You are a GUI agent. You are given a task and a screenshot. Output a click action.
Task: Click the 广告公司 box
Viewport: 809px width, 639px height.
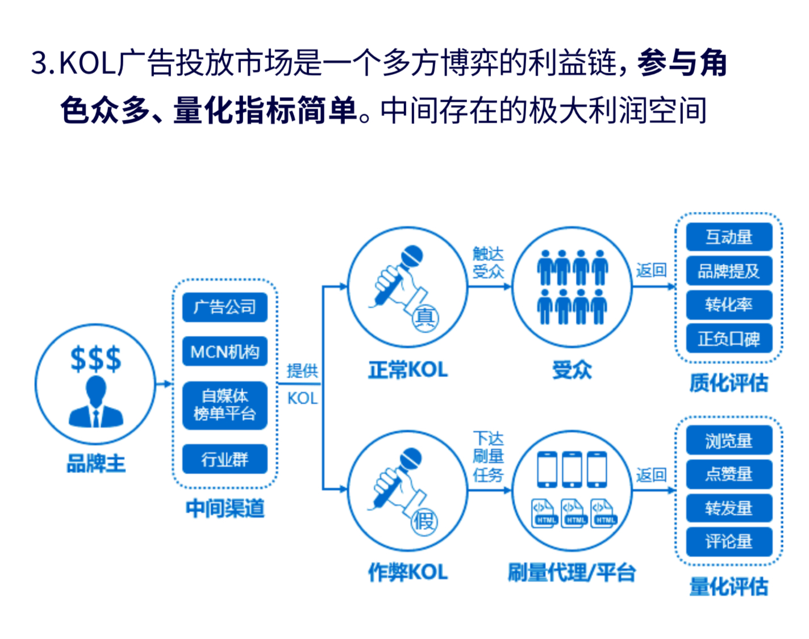[225, 307]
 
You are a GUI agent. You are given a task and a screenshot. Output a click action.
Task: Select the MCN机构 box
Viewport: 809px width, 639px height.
[225, 352]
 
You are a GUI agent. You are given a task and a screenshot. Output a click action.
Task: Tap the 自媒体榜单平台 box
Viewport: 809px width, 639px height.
[225, 405]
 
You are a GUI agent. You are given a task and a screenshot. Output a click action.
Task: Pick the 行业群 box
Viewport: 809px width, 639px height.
[225, 459]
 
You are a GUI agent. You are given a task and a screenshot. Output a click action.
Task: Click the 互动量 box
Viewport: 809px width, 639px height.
[729, 237]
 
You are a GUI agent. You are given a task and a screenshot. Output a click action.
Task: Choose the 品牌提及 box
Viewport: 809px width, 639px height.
[729, 271]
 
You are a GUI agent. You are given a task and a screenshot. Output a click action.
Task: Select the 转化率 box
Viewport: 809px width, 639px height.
[729, 305]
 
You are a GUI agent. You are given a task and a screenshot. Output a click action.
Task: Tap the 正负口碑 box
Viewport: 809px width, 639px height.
[729, 339]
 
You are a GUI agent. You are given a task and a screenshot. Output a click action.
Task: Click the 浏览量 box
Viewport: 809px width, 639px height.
[729, 440]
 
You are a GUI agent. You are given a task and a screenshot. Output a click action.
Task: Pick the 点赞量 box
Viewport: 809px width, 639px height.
[729, 474]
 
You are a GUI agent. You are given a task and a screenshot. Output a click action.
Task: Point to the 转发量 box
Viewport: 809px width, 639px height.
[729, 508]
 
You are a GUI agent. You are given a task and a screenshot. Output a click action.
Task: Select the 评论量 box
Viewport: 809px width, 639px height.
[729, 541]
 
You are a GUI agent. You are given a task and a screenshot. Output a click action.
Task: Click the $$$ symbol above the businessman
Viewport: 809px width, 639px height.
[95, 358]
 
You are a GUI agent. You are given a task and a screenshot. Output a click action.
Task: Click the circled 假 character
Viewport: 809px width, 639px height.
[424, 520]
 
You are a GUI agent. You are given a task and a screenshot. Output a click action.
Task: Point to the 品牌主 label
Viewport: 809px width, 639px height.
[95, 463]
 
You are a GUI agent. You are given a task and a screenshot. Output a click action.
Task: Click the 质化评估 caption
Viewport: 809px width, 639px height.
[728, 383]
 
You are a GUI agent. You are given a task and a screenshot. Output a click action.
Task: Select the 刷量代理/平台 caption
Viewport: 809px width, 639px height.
[571, 572]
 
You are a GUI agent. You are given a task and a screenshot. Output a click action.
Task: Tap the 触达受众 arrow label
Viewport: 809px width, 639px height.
[488, 262]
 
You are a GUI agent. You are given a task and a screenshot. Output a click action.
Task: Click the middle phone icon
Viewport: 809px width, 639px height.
[572, 469]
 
